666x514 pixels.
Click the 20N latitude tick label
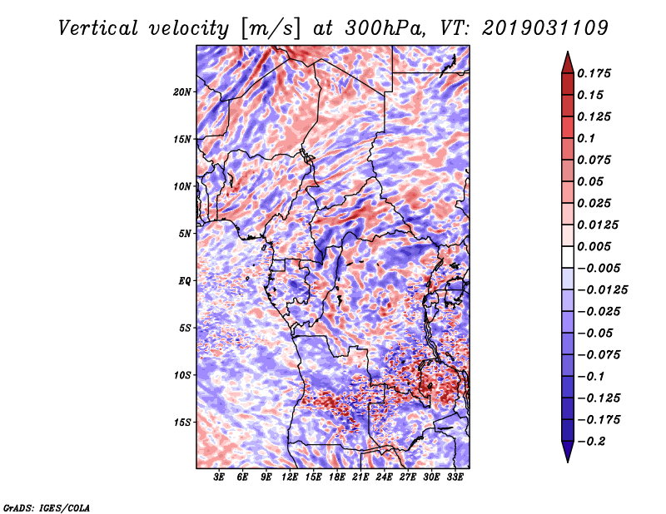pos(182,91)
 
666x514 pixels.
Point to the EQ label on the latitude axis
pos(185,281)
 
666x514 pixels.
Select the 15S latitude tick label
pos(182,423)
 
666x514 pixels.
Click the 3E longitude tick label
pos(219,477)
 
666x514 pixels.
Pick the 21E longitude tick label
pos(360,477)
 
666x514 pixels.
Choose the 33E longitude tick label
pos(455,477)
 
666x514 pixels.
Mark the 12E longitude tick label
pos(290,477)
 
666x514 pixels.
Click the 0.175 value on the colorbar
pos(597,73)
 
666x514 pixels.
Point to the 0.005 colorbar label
pos(597,247)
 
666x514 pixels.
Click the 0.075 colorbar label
pos(597,160)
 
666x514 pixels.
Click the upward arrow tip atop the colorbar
pos(567,54)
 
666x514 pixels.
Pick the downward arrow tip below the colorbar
pos(567,459)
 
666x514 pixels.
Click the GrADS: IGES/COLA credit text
pos(47,507)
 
